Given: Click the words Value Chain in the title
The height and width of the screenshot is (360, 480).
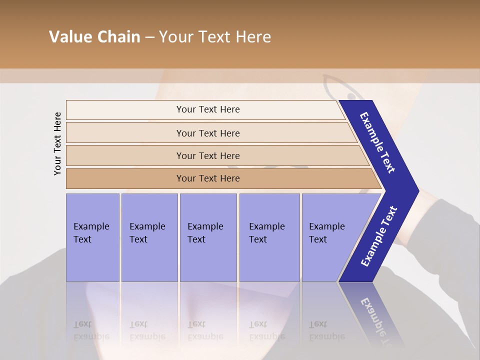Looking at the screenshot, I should pyautogui.click(x=94, y=37).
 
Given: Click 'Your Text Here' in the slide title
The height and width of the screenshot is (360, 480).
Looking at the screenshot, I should pyautogui.click(x=215, y=37).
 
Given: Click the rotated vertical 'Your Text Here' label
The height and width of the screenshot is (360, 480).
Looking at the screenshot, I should pyautogui.click(x=57, y=143).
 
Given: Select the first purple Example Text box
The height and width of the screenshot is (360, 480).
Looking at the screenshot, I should pyautogui.click(x=92, y=237).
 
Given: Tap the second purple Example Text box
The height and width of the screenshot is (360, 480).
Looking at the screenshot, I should pyautogui.click(x=149, y=237).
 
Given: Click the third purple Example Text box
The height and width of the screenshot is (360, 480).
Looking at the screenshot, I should pyautogui.click(x=208, y=237).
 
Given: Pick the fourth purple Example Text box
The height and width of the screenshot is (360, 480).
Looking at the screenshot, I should pyautogui.click(x=269, y=237).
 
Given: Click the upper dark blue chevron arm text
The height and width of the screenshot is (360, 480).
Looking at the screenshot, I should pyautogui.click(x=377, y=142).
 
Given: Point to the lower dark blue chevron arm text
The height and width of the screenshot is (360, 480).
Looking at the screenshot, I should pyautogui.click(x=378, y=236).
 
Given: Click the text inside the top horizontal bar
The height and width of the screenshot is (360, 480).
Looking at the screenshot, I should pyautogui.click(x=208, y=109).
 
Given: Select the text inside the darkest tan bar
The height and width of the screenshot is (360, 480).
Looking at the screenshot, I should pyautogui.click(x=208, y=178).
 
